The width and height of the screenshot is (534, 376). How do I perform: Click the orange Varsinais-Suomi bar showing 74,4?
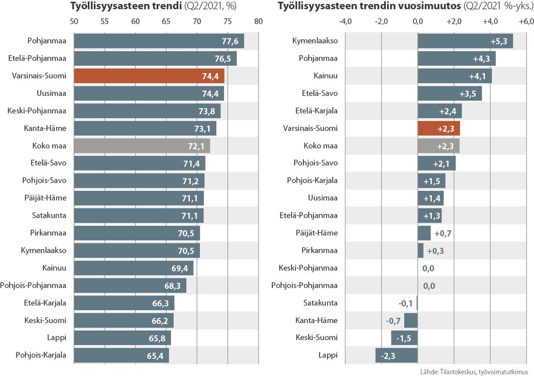(x=149, y=76)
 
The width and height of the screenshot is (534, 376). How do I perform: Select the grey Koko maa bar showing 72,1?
(x=142, y=146)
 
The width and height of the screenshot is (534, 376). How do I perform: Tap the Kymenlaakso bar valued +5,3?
(x=465, y=41)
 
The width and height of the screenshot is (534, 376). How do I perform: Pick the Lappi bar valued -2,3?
(x=396, y=355)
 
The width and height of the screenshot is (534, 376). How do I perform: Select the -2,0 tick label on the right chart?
(x=381, y=21)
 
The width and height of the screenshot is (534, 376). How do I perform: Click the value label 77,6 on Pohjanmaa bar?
(x=230, y=41)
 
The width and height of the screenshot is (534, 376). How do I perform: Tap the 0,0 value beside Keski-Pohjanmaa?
(x=429, y=268)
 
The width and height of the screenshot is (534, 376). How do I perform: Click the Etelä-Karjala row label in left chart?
(x=45, y=303)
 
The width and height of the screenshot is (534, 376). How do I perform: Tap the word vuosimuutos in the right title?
(x=429, y=7)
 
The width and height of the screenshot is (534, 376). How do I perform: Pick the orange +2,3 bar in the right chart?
(x=439, y=128)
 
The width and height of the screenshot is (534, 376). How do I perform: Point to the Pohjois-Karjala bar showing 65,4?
(x=121, y=355)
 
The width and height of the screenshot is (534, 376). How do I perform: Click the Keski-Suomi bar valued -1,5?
(x=404, y=338)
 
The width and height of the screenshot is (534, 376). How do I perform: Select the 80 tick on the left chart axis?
(x=259, y=21)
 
